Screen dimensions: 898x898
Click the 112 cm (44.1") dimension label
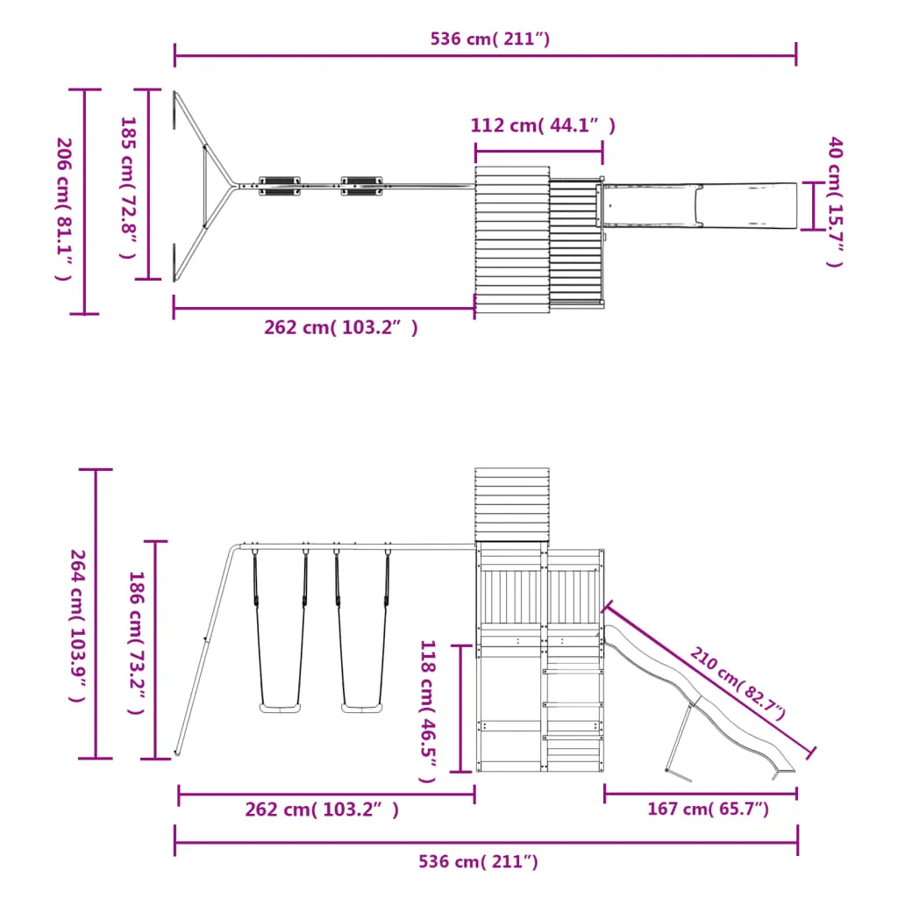click(542, 125)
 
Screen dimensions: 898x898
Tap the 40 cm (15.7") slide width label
click(836, 202)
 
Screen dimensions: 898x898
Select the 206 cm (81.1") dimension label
click(63, 209)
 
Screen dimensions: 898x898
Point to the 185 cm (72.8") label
click(128, 188)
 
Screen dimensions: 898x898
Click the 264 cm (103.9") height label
click(77, 625)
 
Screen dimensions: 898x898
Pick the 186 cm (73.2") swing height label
click(136, 642)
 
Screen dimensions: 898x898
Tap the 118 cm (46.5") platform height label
click(428, 710)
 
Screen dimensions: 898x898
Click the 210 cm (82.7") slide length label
click(738, 683)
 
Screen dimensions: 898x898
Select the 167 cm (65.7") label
click(708, 809)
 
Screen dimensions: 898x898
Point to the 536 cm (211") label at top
click(489, 39)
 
